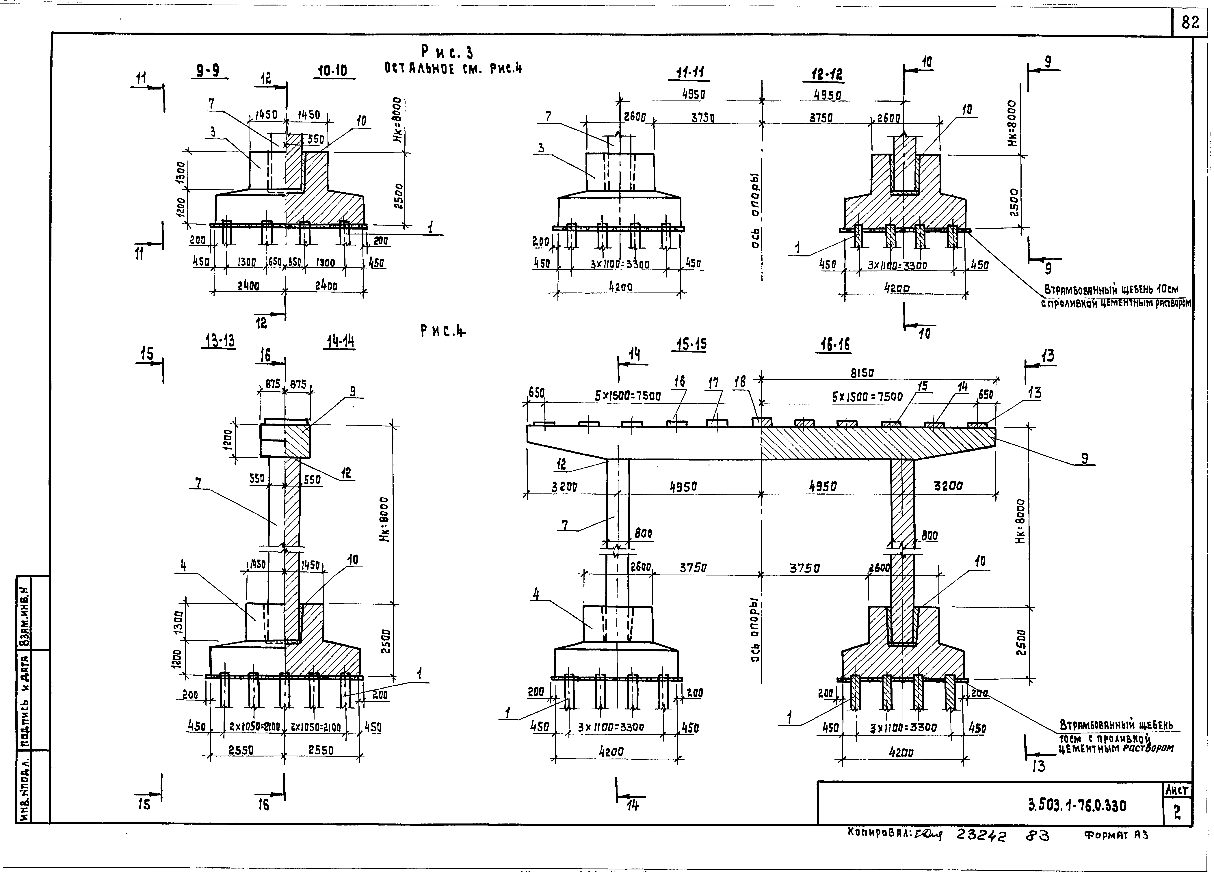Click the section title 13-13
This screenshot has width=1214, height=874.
click(220, 341)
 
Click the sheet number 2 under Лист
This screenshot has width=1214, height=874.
click(1177, 813)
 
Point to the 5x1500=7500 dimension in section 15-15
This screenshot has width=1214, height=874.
click(627, 396)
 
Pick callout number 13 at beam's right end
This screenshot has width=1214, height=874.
click(1034, 393)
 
